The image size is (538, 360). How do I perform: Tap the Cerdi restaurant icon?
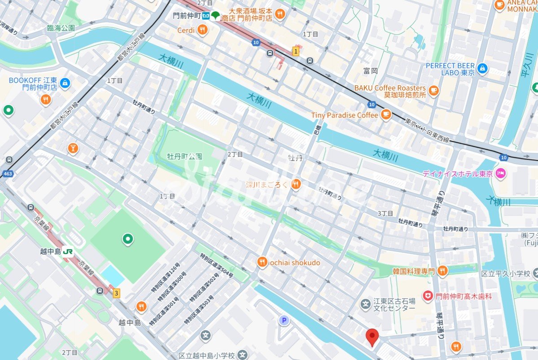coord(203,31)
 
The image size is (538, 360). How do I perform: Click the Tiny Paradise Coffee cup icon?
coord(385,115)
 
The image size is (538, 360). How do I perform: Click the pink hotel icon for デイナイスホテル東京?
coord(501,173)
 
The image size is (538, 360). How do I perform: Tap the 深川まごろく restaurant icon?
coord(295,184)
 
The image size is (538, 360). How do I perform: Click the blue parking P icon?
coord(284,320)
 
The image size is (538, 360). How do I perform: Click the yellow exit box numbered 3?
coord(117,293)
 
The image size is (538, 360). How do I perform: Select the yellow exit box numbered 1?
coord(295,51)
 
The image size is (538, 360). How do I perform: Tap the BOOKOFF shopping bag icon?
coord(65,83)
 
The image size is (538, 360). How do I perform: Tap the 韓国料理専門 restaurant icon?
coord(442,271)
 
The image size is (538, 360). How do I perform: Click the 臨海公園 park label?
coord(61,28)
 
